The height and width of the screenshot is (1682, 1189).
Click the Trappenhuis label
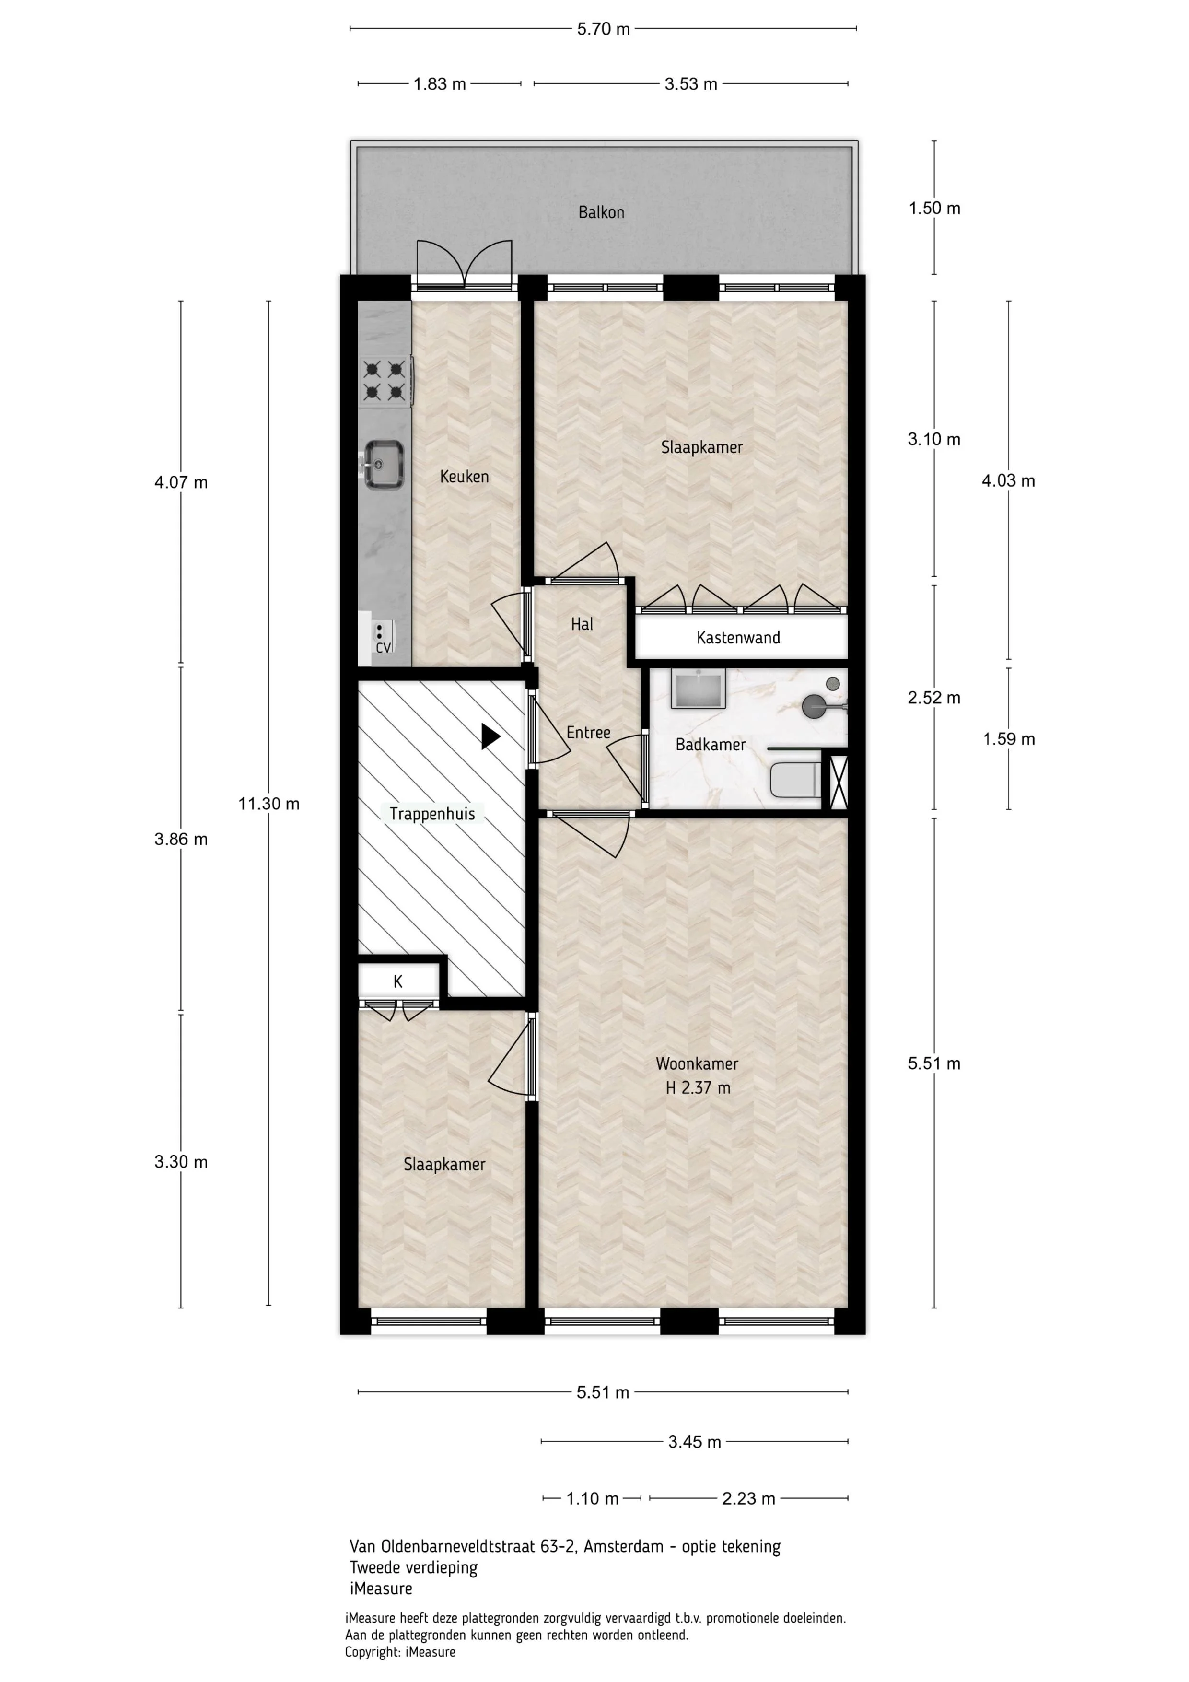pos(432,814)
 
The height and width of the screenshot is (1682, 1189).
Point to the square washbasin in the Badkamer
pos(699,688)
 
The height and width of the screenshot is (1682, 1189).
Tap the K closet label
pos(398,981)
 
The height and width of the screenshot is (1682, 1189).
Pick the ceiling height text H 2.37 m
pos(698,1088)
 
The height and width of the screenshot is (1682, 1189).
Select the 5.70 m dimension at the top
pos(603,29)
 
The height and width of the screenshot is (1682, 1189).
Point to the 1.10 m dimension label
pos(593,1499)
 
